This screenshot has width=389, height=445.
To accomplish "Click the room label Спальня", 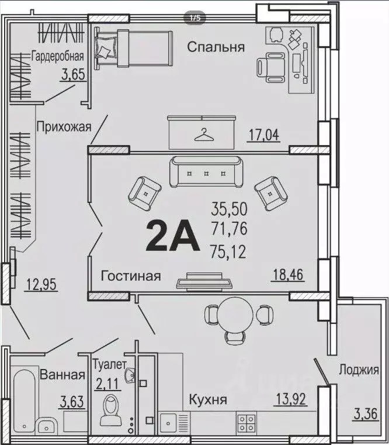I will (216, 47).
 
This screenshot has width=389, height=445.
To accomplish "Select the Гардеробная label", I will (58, 57).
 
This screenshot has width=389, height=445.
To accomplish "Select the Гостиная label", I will (130, 276).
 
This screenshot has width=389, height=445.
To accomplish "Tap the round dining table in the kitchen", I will (238, 314).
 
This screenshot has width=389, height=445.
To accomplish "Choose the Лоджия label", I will (359, 370).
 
